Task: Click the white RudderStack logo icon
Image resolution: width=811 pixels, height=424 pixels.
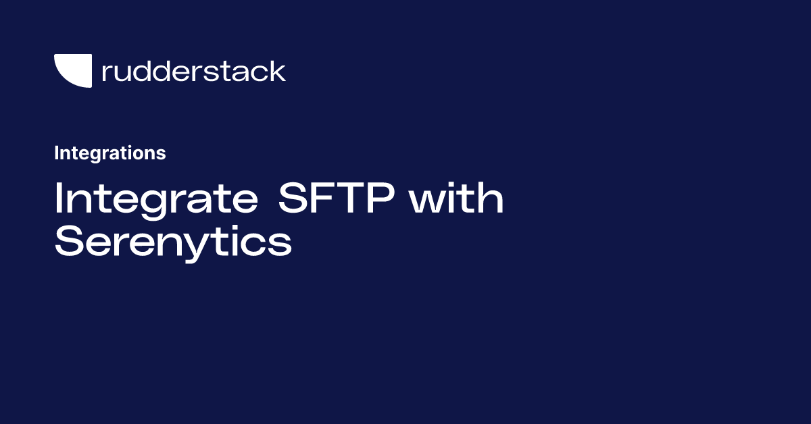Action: coord(73,71)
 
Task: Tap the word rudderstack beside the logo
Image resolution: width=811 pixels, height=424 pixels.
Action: coord(193,72)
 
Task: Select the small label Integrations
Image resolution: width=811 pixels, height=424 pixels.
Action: coord(109,153)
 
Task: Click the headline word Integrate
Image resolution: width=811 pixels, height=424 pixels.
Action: coord(156,200)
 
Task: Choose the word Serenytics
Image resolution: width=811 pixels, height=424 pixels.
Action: coord(173,242)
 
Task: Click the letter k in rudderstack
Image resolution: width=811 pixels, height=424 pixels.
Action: coord(277,71)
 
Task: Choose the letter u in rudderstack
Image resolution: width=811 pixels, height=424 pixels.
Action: coord(125,73)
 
